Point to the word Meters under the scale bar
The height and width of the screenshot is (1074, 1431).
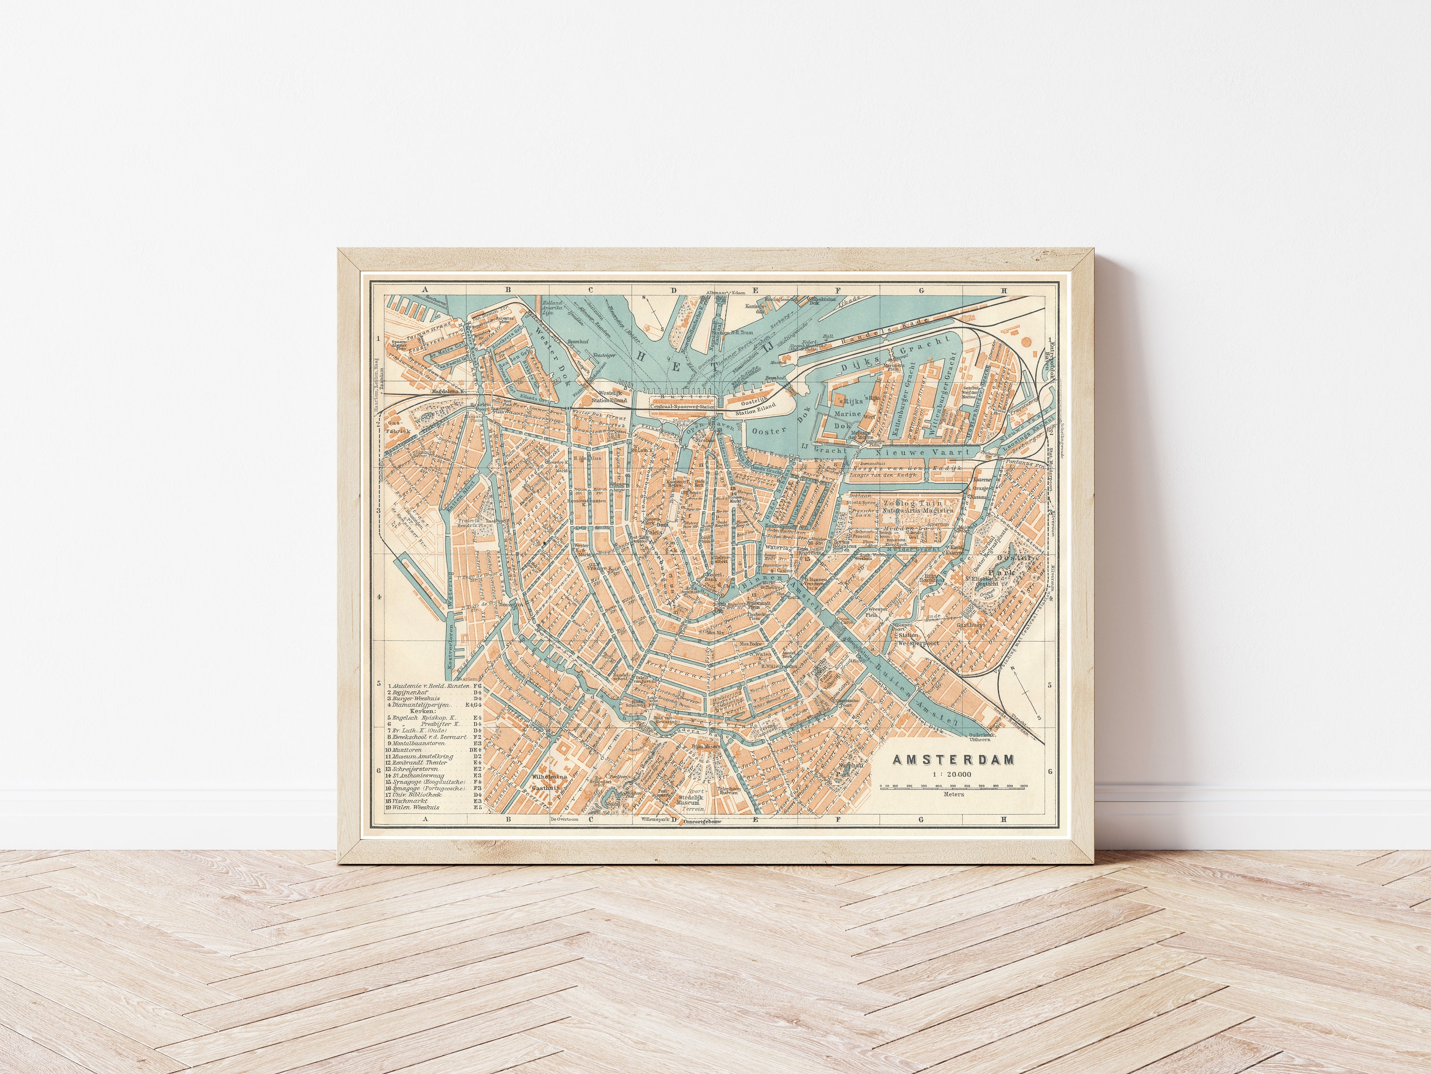click(954, 794)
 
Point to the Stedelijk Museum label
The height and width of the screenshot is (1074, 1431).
click(685, 801)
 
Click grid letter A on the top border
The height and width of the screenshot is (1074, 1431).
click(425, 291)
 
